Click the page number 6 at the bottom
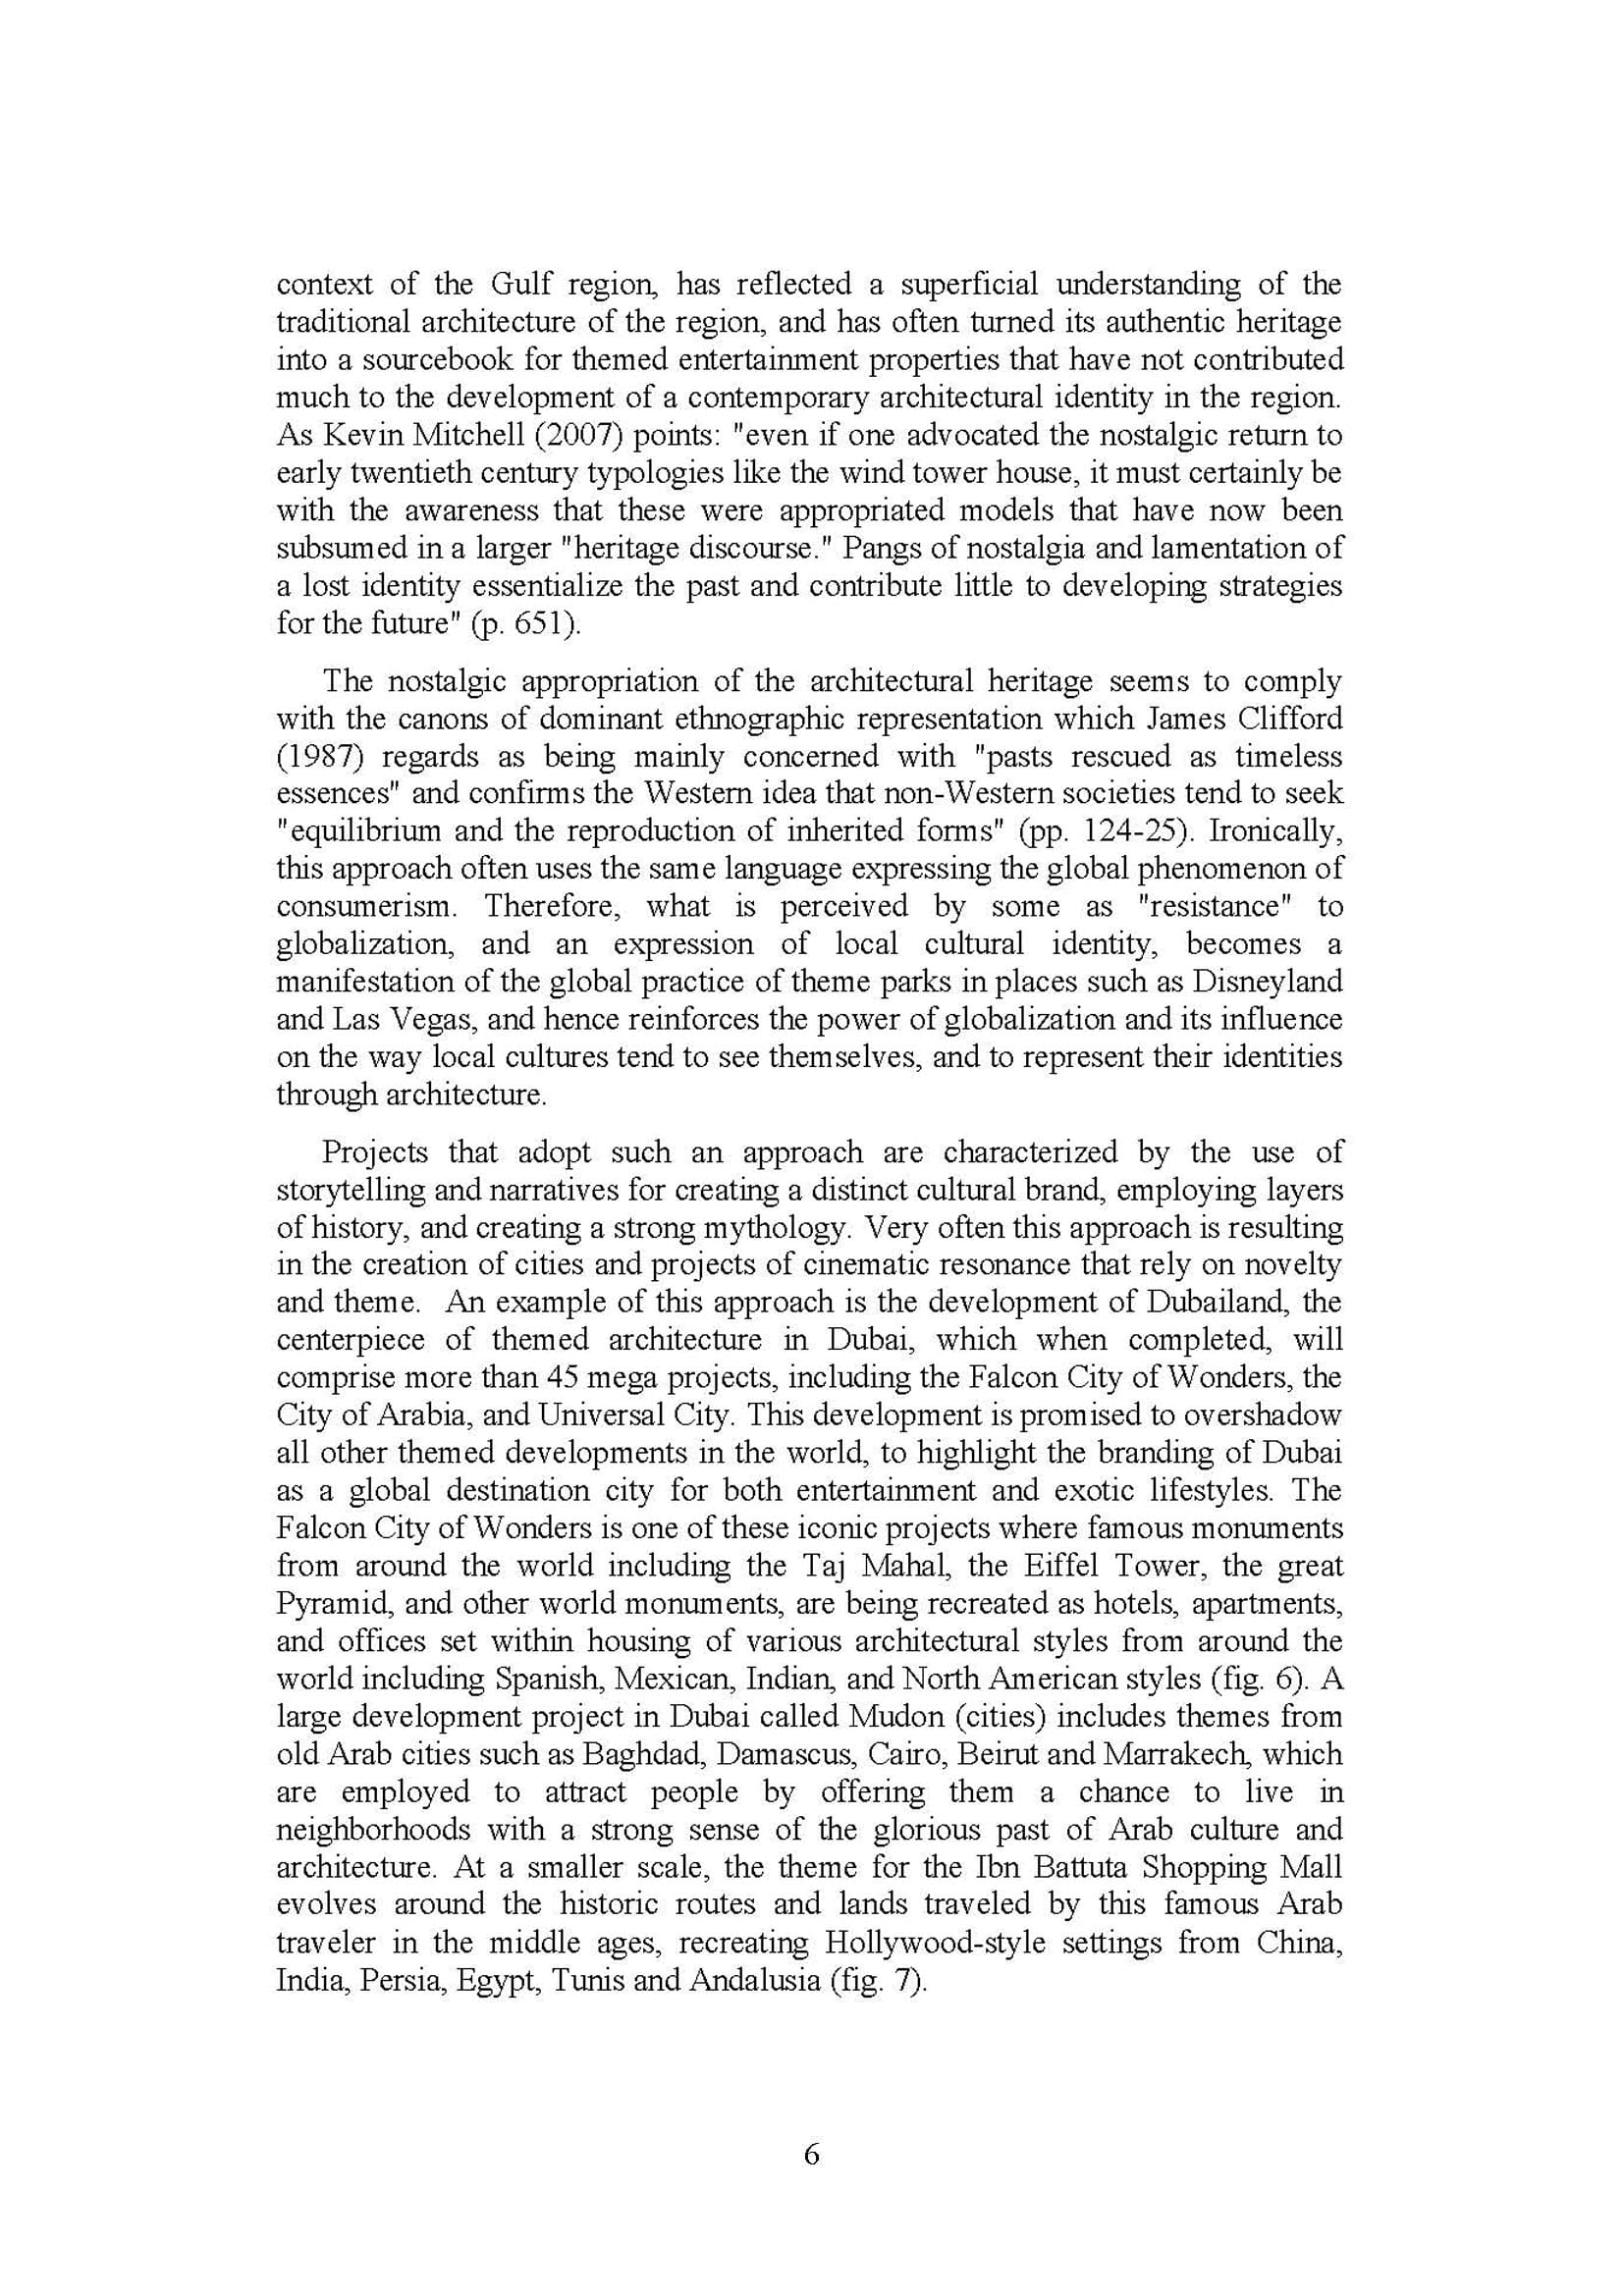pyautogui.click(x=811, y=2154)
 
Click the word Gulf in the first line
pyautogui.click(x=521, y=284)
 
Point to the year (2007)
pyautogui.click(x=548, y=435)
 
